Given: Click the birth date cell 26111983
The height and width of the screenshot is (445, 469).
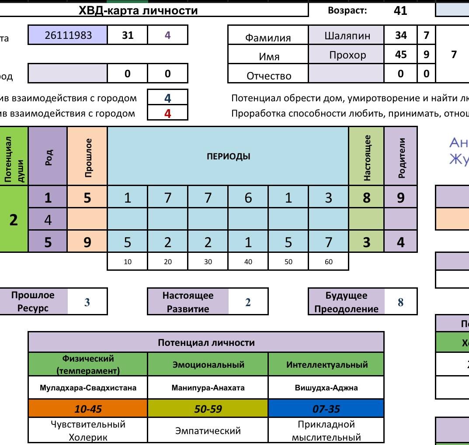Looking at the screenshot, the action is pyautogui.click(x=68, y=35).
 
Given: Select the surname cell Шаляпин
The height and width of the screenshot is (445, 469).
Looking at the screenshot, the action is pyautogui.click(x=347, y=36).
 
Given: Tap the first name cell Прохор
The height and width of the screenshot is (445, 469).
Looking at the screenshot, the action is pyautogui.click(x=347, y=55).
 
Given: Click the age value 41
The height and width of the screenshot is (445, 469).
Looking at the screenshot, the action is pyautogui.click(x=400, y=11).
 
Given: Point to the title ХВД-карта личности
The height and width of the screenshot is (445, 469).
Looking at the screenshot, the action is pyautogui.click(x=138, y=11).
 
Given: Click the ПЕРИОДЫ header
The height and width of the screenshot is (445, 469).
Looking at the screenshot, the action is pyautogui.click(x=228, y=156).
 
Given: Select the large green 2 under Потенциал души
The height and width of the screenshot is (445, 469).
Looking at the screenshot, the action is pyautogui.click(x=14, y=220).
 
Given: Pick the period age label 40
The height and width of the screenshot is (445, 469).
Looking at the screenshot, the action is pyautogui.click(x=248, y=262).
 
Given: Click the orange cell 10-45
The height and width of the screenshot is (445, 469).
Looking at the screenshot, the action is pyautogui.click(x=88, y=409).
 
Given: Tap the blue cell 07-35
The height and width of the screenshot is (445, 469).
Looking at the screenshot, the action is pyautogui.click(x=326, y=409).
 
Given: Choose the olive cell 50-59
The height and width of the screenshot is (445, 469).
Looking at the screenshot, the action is pyautogui.click(x=208, y=409).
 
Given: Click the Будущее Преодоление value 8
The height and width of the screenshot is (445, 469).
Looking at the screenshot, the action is pyautogui.click(x=400, y=302).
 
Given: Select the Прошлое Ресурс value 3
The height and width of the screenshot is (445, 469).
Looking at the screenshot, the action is pyautogui.click(x=87, y=302).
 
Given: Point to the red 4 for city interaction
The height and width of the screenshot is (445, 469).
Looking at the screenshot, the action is pyautogui.click(x=167, y=114).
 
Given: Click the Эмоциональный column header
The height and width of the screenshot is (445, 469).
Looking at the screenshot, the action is pyautogui.click(x=208, y=365).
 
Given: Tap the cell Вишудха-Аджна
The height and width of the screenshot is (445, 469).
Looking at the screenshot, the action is pyautogui.click(x=326, y=387).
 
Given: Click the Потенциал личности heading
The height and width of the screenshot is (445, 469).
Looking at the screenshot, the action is pyautogui.click(x=206, y=343).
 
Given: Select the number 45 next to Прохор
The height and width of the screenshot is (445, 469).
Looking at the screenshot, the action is pyautogui.click(x=400, y=55).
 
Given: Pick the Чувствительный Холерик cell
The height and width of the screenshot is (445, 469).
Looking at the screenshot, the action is pyautogui.click(x=88, y=431).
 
